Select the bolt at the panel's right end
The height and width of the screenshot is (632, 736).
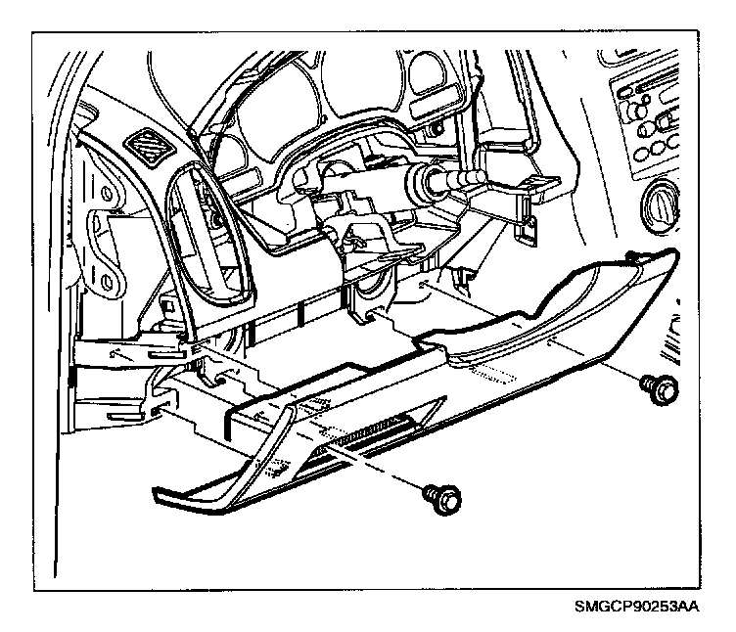tap(659, 389)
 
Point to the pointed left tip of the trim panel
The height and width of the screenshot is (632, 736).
tap(157, 491)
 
